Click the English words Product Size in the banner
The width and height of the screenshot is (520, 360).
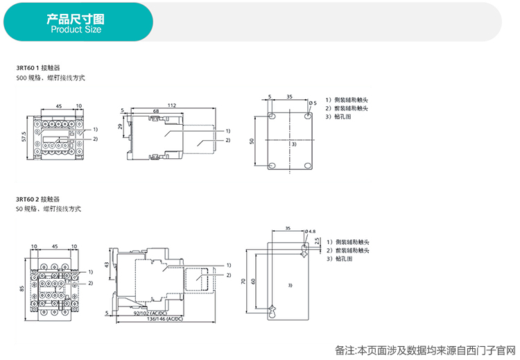point(76,30)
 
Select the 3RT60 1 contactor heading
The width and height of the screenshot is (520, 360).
point(38,68)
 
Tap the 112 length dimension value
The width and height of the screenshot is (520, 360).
point(171,105)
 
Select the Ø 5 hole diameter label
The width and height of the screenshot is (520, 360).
point(313,103)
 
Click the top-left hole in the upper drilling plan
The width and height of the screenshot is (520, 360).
point(272,116)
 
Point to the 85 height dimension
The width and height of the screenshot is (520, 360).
point(21,289)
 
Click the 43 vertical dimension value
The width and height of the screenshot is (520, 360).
point(106,265)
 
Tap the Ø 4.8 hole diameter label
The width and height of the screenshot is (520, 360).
point(310,231)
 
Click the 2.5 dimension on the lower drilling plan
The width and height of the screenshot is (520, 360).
point(316,241)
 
